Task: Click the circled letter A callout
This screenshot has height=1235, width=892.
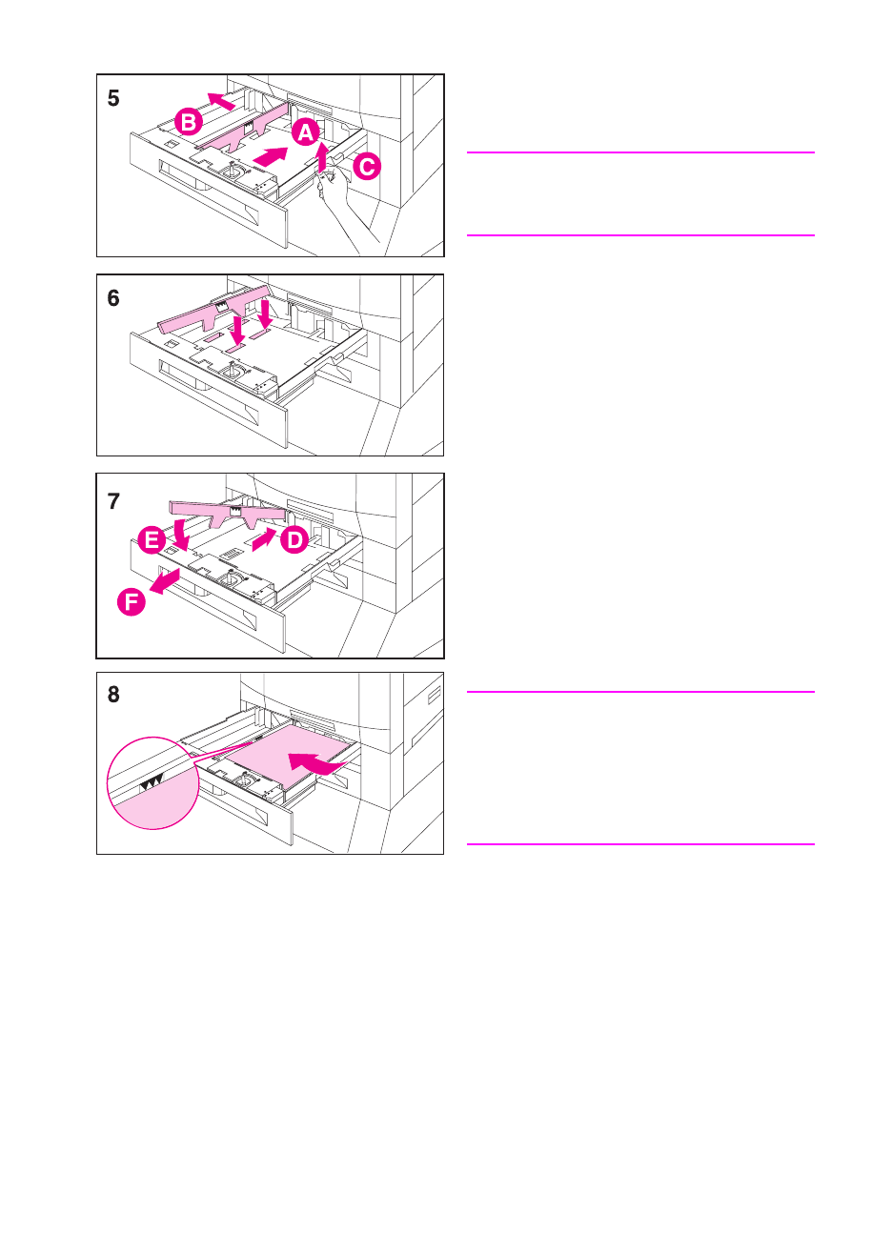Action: pos(305,132)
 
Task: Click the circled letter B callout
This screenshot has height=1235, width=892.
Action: pos(189,122)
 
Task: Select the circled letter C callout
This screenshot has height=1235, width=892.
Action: pos(366,167)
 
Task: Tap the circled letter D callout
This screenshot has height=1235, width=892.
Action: pos(294,540)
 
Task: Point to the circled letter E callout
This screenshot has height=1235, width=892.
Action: pos(152,541)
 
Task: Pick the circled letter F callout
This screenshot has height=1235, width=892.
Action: pos(132,602)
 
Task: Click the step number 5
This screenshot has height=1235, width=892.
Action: pos(113,99)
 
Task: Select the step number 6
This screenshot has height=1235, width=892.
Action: pos(113,299)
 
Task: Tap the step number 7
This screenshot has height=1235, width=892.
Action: pos(113,501)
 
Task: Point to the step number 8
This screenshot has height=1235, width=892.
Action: pos(113,695)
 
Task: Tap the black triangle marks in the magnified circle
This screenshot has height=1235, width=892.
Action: pos(152,782)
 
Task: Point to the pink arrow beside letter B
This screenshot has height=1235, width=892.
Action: pos(220,100)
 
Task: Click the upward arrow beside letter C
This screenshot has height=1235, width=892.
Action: pos(322,155)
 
